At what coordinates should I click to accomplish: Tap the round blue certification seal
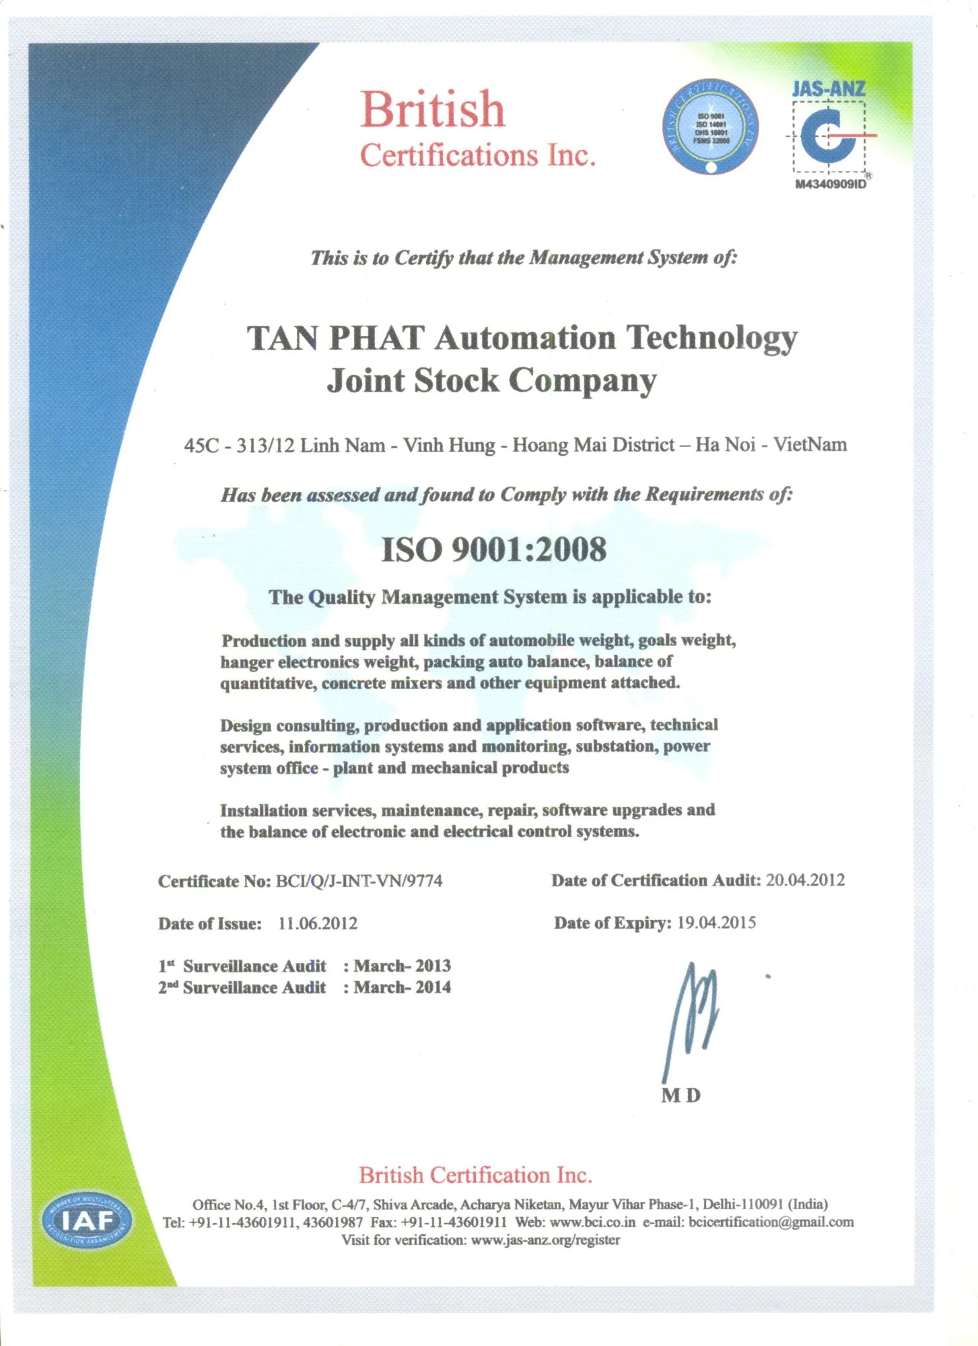pos(710,127)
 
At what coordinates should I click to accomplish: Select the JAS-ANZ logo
pos(829,131)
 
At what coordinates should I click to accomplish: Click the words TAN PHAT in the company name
pos(335,338)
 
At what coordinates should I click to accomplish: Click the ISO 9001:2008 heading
pos(493,549)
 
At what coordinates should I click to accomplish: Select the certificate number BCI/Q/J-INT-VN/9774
pos(359,881)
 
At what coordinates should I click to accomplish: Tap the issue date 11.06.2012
pos(317,923)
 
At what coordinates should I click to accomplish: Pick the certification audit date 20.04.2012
pos(805,880)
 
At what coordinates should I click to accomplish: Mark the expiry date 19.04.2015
pos(716,923)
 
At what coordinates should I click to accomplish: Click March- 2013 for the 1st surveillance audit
pos(402,966)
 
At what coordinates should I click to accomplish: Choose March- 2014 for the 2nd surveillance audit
pos(402,987)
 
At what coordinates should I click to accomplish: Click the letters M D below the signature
pos(680,1096)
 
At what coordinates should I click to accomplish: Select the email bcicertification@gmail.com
pos(771,1222)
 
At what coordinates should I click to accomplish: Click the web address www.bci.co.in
pos(592,1222)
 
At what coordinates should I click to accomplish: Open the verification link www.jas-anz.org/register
pos(545,1240)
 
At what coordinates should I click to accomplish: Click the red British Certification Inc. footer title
pos(475,1175)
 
